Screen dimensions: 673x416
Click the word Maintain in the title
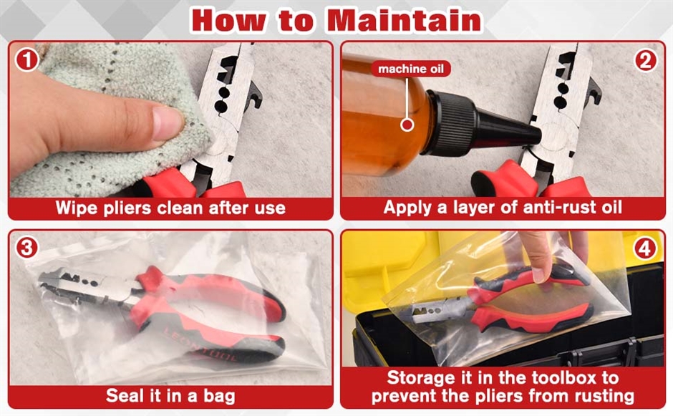pos(405,20)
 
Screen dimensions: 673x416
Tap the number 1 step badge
pos(27,59)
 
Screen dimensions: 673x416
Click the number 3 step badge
pos(27,248)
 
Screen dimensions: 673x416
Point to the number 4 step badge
pos(645,248)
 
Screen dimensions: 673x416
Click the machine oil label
pos(411,69)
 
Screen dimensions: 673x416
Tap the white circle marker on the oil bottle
pos(407,125)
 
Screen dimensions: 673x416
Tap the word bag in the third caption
pos(219,396)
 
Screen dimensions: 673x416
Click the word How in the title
pos(228,20)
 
